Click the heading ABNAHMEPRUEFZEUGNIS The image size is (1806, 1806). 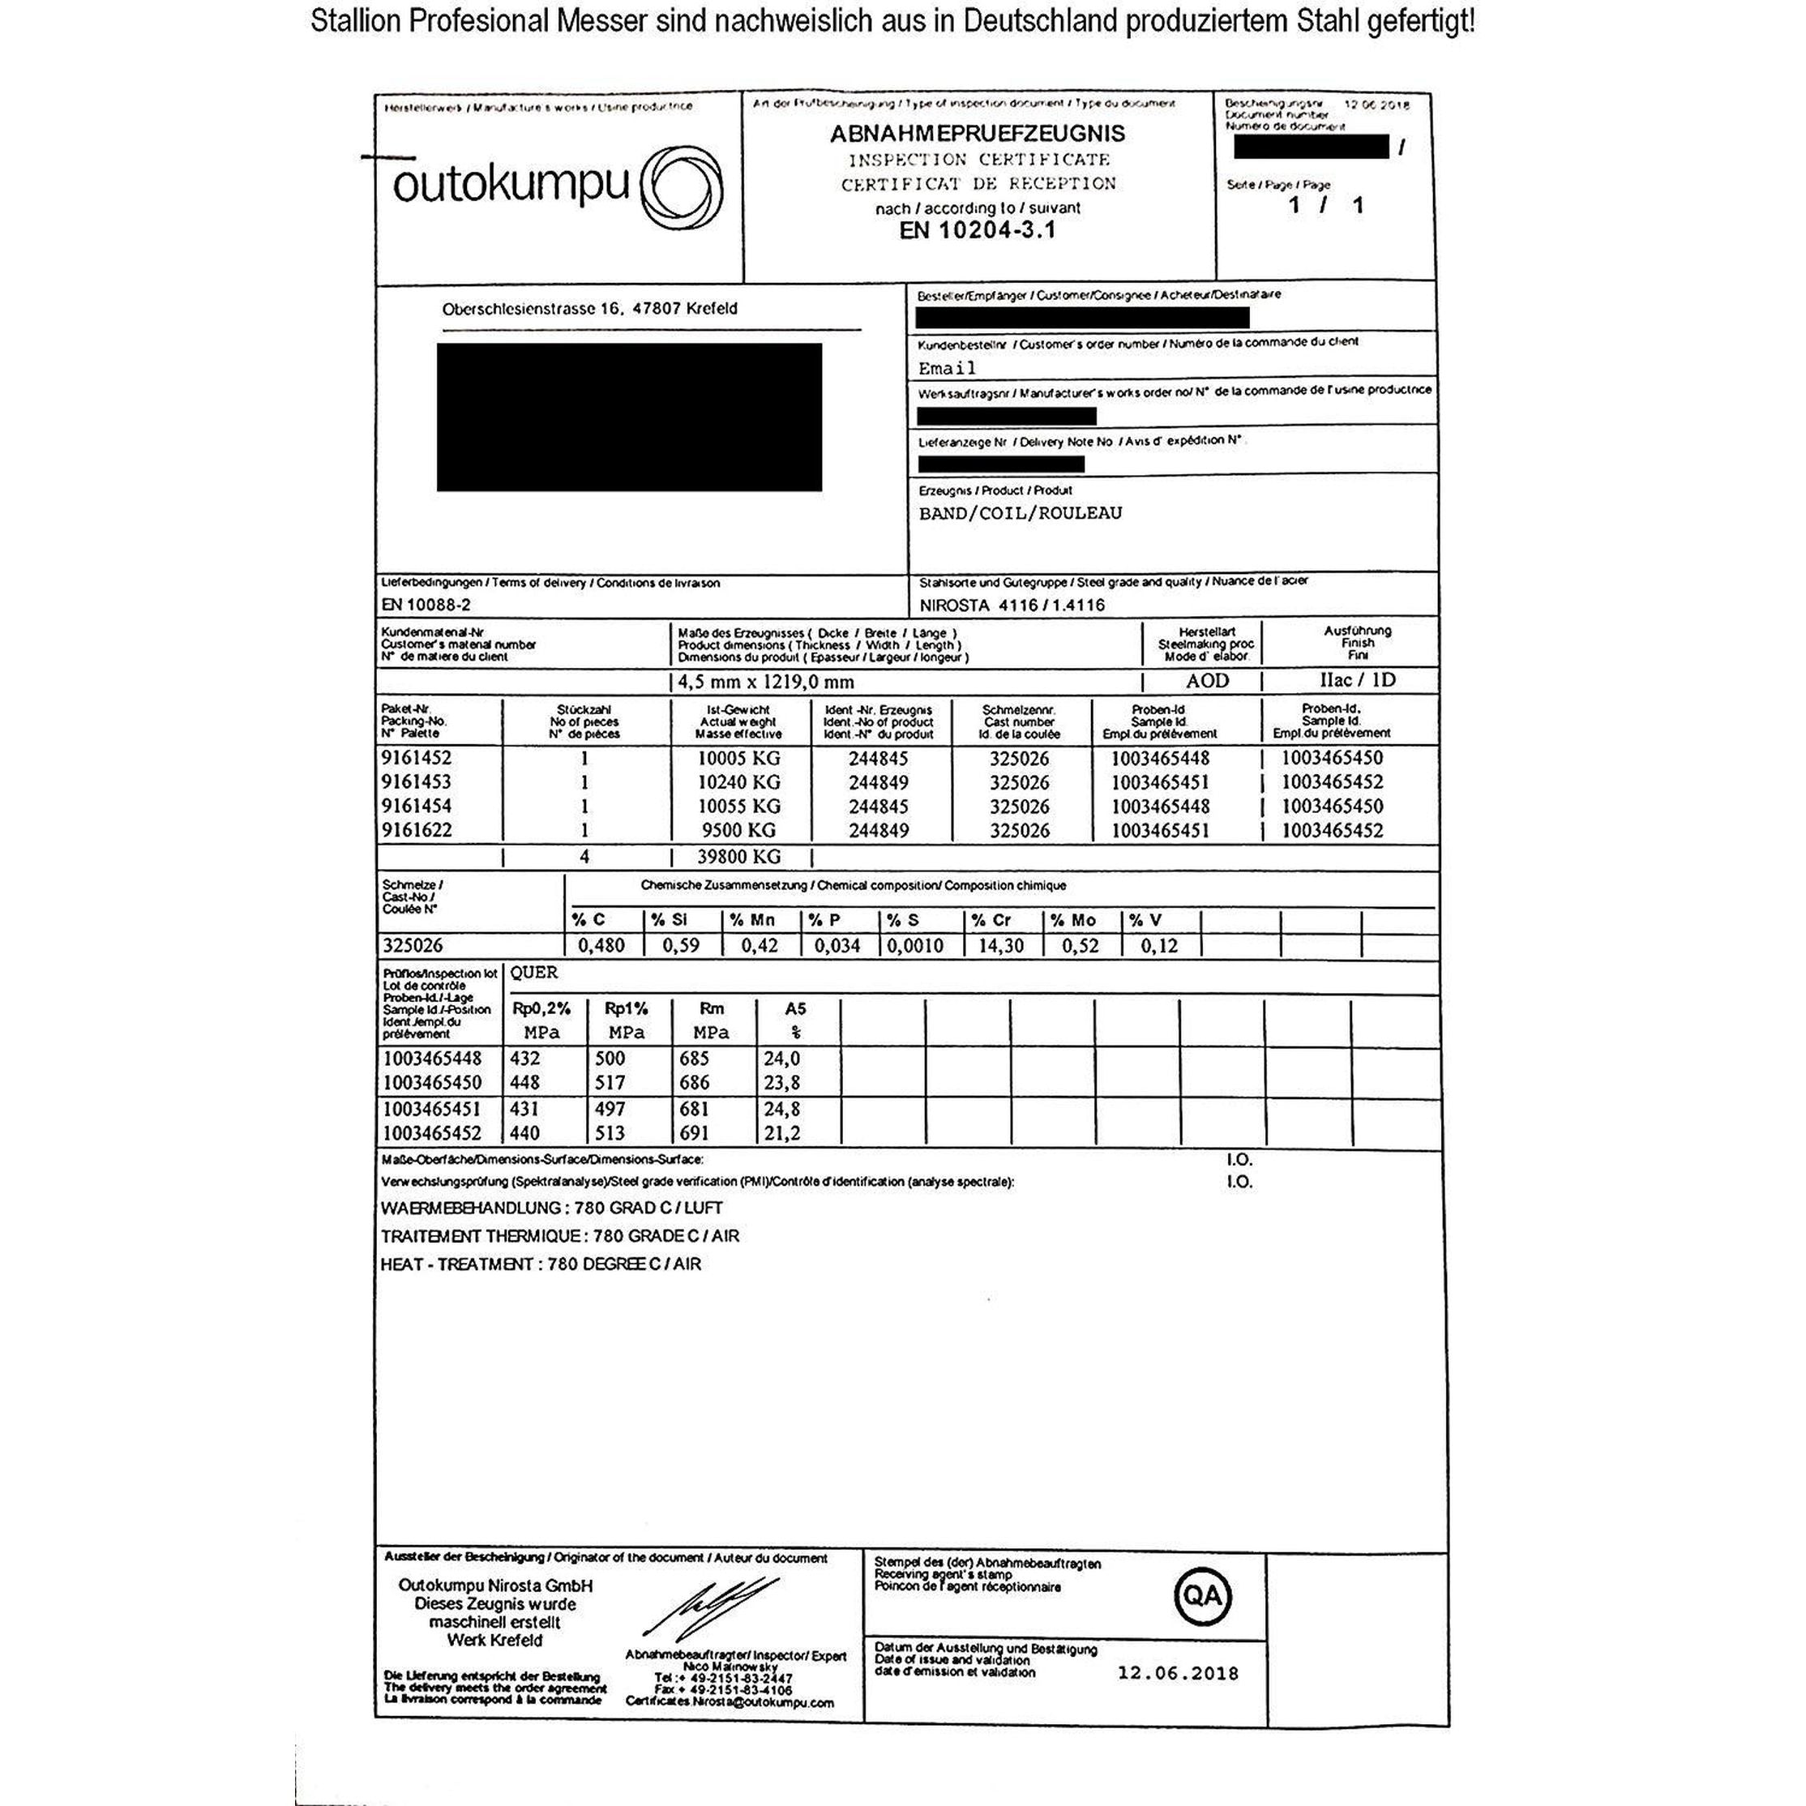click(x=978, y=134)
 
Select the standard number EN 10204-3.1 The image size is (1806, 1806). click(x=978, y=230)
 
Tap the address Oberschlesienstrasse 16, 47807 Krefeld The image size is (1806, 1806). click(x=589, y=309)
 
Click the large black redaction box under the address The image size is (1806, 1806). click(x=629, y=417)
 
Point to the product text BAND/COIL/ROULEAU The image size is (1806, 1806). click(x=1020, y=513)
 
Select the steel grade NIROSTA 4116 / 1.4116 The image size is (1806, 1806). click(x=1012, y=605)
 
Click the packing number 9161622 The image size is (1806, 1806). click(x=416, y=830)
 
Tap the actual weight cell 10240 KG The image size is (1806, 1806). click(x=738, y=782)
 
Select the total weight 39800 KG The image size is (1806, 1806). click(x=738, y=856)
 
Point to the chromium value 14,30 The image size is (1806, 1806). click(x=1000, y=946)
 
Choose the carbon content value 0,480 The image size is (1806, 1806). click(x=601, y=946)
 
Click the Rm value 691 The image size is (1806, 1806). click(x=693, y=1133)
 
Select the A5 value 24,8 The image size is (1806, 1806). click(x=781, y=1109)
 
